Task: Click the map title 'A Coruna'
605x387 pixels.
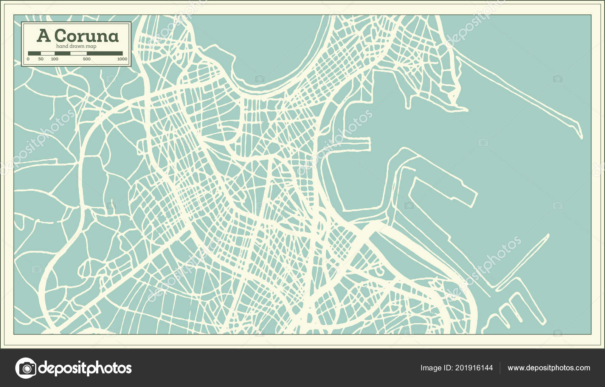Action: click(78, 36)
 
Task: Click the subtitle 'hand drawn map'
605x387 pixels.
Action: click(76, 46)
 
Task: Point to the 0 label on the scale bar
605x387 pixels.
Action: click(28, 59)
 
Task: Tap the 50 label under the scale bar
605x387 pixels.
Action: click(41, 59)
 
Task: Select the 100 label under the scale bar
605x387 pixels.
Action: click(54, 59)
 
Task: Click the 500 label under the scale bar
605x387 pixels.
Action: click(87, 59)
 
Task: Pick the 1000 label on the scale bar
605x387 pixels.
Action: click(122, 59)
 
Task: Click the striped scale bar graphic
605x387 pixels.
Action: click(75, 53)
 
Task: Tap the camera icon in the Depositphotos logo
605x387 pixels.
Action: click(26, 368)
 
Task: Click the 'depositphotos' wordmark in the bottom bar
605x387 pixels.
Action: click(85, 368)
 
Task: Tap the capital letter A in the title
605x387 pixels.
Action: click(43, 36)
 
